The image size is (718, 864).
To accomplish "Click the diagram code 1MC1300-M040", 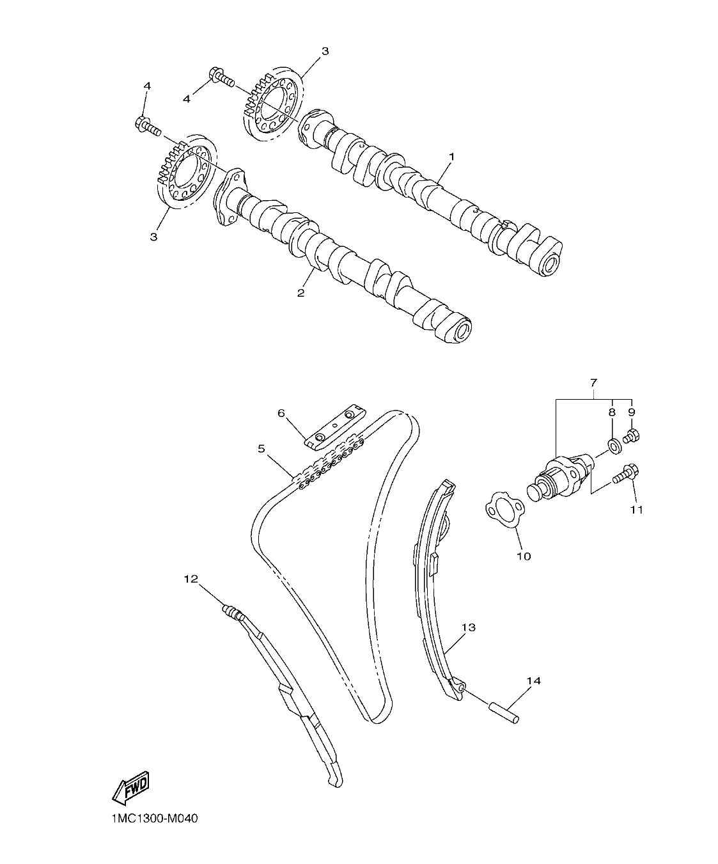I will [150, 819].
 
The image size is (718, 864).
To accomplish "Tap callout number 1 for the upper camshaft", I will [451, 156].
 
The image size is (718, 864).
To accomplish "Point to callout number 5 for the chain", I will [261, 449].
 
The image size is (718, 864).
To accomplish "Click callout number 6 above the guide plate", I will [281, 414].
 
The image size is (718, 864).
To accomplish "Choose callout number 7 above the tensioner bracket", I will [593, 382].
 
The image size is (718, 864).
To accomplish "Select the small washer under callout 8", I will [613, 444].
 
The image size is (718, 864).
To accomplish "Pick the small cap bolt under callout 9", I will [632, 436].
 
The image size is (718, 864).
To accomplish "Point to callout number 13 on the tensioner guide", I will [469, 627].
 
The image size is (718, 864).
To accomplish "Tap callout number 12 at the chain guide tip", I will [191, 579].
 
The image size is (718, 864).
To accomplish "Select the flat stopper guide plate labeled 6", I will [335, 425].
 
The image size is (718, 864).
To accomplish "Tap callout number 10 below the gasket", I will [523, 556].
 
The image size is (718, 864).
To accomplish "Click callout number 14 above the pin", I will [533, 681].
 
